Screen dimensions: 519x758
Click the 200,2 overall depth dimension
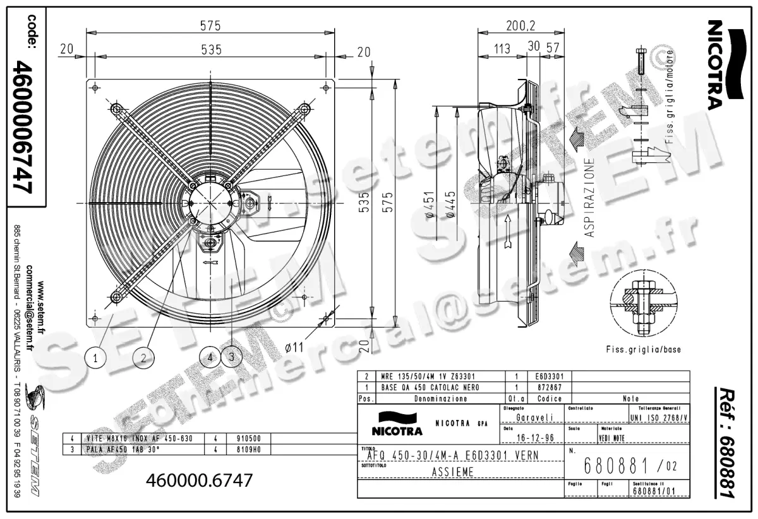[520, 26]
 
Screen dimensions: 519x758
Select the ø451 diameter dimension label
[430, 205]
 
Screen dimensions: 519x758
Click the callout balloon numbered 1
[95, 358]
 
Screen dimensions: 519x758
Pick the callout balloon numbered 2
[144, 358]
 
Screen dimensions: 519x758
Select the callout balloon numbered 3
[232, 357]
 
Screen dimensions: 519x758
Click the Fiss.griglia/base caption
[643, 349]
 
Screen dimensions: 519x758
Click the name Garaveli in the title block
[534, 417]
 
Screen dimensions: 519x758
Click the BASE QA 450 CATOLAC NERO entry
[430, 387]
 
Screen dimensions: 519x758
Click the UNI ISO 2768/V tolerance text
[658, 417]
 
